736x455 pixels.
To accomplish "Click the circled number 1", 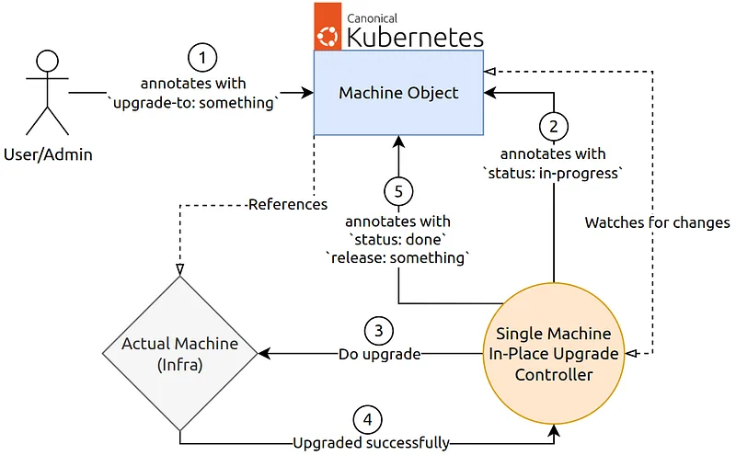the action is pos(202,58).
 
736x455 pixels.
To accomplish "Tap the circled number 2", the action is pos(554,126).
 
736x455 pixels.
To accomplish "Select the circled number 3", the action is pos(379,331).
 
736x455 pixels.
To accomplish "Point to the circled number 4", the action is pos(367,419).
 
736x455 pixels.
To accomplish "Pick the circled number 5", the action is pos(398,191).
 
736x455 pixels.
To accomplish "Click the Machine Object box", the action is pos(398,93).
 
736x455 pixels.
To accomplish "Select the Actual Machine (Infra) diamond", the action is pos(179,353).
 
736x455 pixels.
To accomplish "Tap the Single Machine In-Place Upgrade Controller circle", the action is pos(554,354).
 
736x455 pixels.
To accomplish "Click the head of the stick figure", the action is pos(48,61).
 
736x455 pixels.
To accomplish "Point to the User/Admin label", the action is pos(48,154).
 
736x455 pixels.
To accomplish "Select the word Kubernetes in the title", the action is pos(415,38).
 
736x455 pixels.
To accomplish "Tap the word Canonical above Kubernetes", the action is pos(372,18).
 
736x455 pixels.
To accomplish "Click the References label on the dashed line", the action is pos(288,204).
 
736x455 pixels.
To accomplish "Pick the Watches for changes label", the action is pos(657,222).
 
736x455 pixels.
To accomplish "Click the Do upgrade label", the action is pos(379,354).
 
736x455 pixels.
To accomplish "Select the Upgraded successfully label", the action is pos(372,443).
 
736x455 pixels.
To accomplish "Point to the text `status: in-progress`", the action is pos(553,174).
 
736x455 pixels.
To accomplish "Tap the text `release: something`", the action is pos(398,258).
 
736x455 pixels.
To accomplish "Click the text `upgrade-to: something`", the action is pos(193,103).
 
